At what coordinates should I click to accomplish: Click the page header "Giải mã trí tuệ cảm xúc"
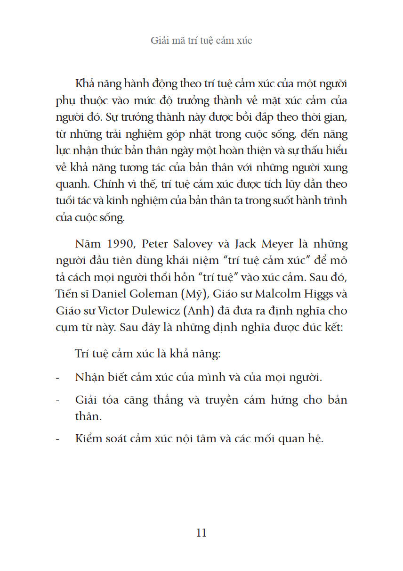[201, 41]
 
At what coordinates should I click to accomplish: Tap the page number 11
[201, 533]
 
